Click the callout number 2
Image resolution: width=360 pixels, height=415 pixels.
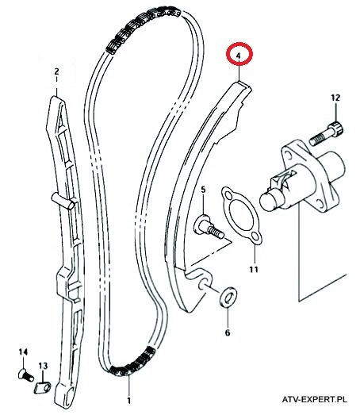56,71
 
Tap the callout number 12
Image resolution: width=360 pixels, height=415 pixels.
335,98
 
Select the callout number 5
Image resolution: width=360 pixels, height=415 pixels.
203,190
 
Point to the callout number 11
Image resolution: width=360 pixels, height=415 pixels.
254,270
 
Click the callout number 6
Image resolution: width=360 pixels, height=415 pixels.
228,332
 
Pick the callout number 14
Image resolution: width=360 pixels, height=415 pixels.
23,352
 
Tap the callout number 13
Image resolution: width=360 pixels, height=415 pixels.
43,366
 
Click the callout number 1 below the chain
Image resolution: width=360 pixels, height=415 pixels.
128,401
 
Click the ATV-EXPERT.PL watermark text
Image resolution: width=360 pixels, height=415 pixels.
315,399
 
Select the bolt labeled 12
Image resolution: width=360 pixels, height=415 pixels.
327,133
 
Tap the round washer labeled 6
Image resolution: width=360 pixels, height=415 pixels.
228,297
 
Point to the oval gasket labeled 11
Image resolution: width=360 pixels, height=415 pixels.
241,215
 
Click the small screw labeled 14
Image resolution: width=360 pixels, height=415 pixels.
25,375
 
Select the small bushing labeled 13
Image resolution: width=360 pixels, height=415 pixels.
43,389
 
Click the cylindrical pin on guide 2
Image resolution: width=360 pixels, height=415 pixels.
63,201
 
